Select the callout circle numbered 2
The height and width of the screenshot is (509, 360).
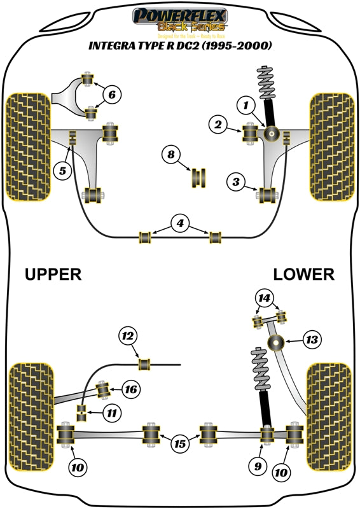[x=218, y=126]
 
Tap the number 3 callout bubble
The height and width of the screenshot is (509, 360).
[x=236, y=183]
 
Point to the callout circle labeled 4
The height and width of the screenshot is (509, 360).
[x=181, y=223]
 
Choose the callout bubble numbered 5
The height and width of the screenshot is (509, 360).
[x=62, y=171]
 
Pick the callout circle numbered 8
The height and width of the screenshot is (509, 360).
[x=170, y=154]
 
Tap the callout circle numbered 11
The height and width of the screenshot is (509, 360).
[x=111, y=413]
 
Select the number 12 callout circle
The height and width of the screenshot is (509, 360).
[x=128, y=335]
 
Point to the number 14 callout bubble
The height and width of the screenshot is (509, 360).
[x=263, y=297]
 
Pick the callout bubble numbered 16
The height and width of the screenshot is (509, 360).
[x=130, y=389]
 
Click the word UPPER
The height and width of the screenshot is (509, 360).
[x=53, y=275]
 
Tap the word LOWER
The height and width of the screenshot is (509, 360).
[x=303, y=275]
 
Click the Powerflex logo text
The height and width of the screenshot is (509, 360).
[x=180, y=14]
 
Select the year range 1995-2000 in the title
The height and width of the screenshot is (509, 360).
[x=237, y=46]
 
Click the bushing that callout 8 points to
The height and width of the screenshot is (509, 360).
[x=199, y=178]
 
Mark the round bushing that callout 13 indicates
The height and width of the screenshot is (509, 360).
[x=277, y=344]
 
